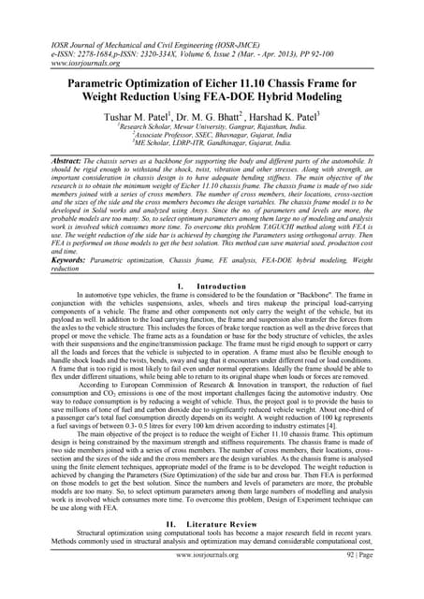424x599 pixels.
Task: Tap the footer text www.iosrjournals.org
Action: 212,581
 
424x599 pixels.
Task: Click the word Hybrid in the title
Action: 288,86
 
